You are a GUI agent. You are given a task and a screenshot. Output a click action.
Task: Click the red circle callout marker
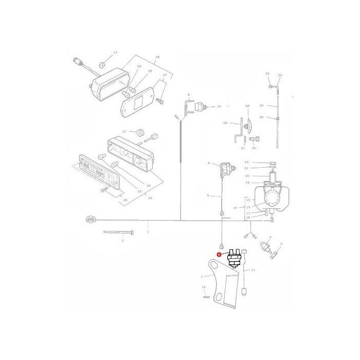[x=219, y=254]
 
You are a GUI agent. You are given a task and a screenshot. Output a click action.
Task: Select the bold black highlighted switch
[x=234, y=257]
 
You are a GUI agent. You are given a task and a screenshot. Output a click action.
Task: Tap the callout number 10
[x=219, y=106]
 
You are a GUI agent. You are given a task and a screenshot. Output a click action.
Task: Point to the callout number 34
[x=262, y=105]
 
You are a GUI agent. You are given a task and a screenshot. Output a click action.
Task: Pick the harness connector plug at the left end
[x=91, y=220]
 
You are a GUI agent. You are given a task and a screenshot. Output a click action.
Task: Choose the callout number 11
[x=254, y=269]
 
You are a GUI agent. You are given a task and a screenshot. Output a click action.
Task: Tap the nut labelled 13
[x=102, y=65]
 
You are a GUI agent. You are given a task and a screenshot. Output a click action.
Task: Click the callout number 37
[x=165, y=75]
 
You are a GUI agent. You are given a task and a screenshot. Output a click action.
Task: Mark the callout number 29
[x=225, y=123]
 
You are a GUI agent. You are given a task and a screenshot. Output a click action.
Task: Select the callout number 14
[x=235, y=208]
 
